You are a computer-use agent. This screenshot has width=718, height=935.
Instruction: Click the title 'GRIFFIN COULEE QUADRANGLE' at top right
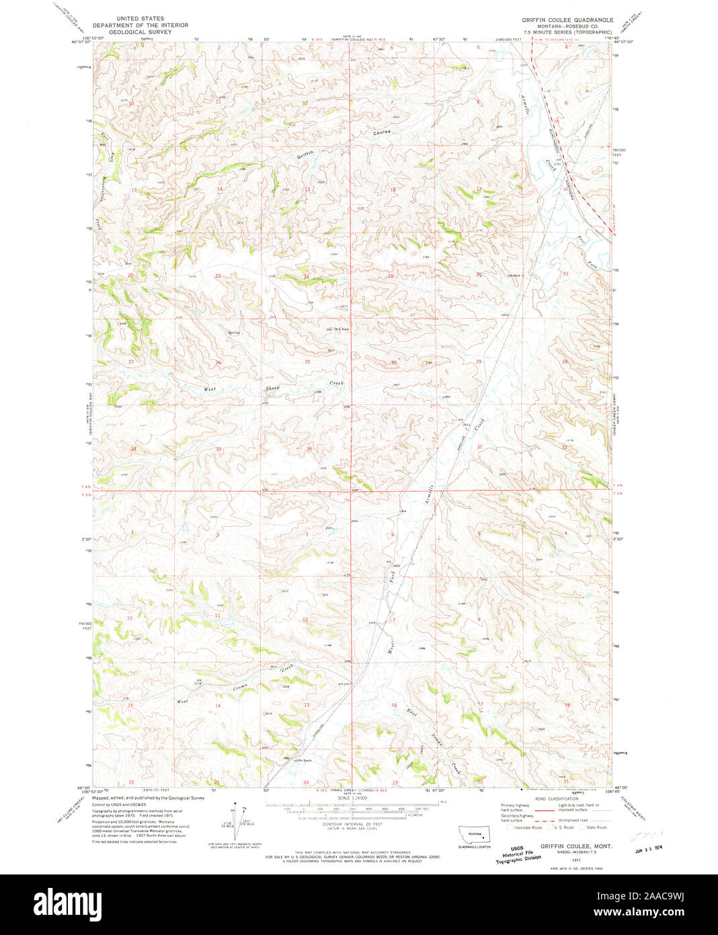click(567, 20)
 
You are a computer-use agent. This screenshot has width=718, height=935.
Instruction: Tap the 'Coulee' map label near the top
click(382, 133)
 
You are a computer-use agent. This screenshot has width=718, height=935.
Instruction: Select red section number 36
click(309, 449)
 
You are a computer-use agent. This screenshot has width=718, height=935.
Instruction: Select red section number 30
click(394, 363)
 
